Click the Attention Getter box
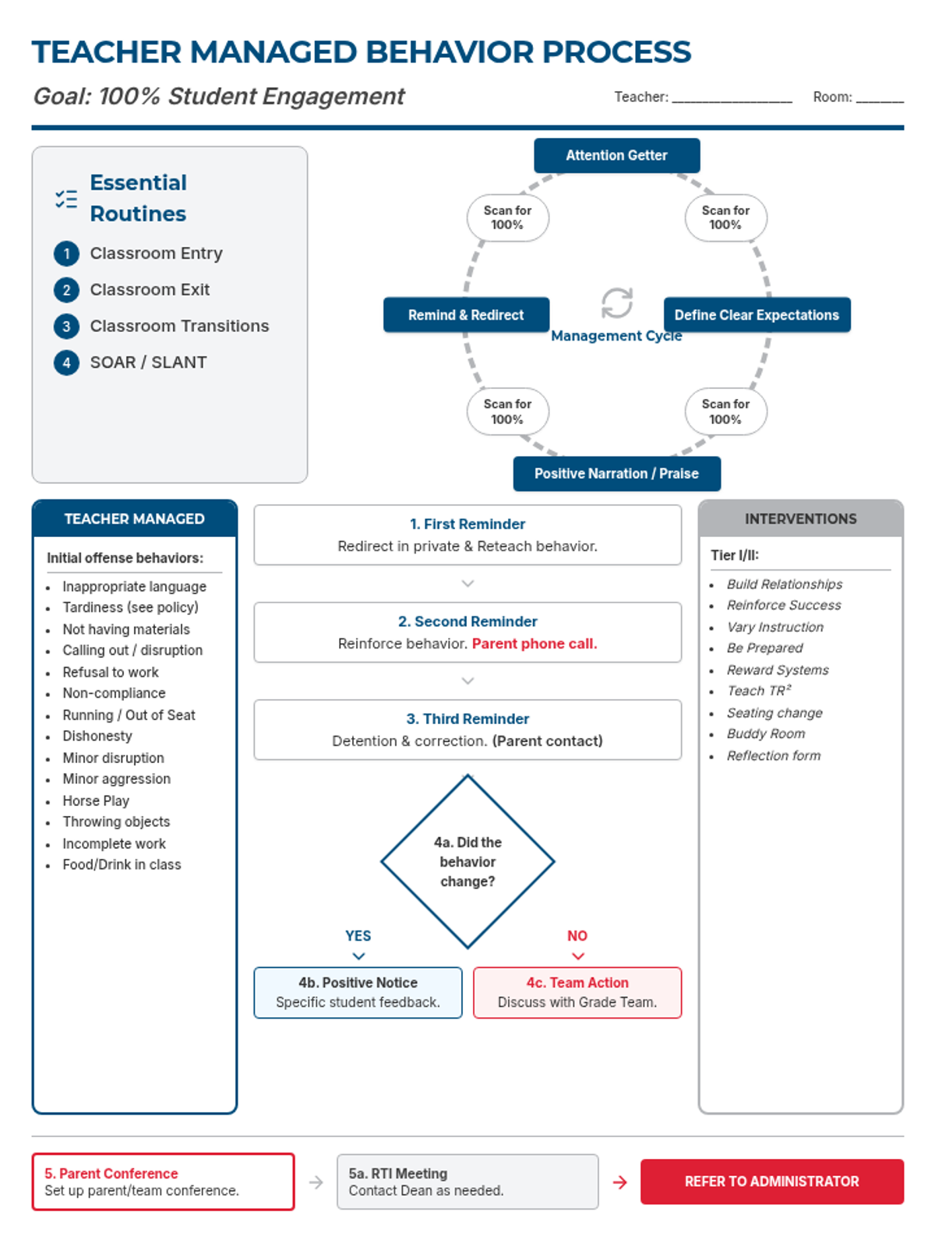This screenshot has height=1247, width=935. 616,155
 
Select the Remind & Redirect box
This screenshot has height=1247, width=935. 466,315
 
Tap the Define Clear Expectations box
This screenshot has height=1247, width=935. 757,315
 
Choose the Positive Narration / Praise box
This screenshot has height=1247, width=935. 616,474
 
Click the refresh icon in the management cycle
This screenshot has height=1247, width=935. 617,302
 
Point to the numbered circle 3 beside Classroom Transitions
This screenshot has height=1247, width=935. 66,327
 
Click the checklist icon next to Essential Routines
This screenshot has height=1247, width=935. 66,199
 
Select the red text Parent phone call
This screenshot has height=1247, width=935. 535,644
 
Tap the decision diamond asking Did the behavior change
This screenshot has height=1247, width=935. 467,861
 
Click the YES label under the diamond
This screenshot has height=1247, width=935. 358,936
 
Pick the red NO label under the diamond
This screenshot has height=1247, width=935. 577,936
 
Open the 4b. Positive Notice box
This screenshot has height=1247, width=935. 358,992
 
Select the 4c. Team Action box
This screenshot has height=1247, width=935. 577,992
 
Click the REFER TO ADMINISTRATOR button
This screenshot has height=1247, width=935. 771,1182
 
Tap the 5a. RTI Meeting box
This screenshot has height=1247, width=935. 467,1182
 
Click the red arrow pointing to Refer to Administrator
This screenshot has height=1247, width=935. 620,1182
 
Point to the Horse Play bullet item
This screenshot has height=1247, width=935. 96,801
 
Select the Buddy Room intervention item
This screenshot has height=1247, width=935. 766,734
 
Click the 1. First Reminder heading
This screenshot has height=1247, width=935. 467,525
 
